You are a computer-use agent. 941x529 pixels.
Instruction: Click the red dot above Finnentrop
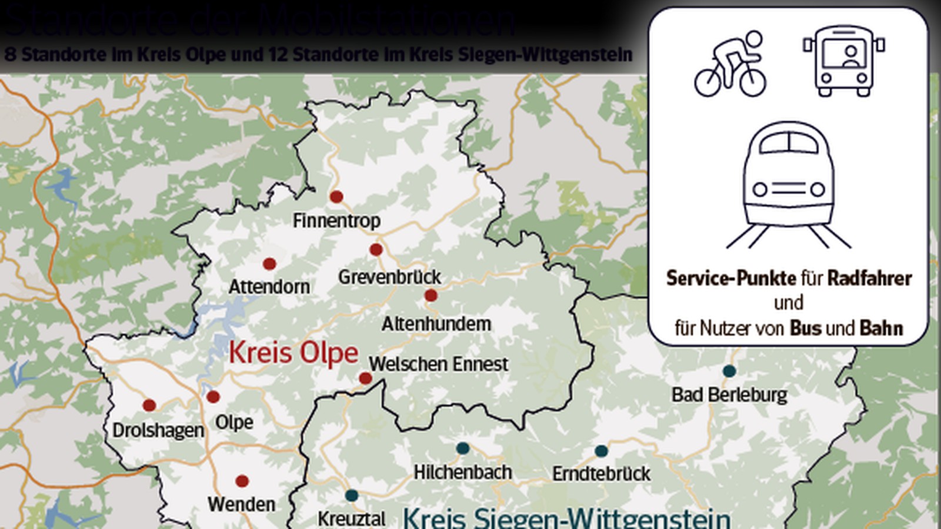[x=336, y=197]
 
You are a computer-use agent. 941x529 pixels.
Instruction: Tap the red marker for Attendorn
[x=269, y=264]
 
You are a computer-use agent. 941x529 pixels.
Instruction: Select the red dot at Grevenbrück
[x=376, y=250]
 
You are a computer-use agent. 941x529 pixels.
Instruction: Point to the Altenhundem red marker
[x=431, y=296]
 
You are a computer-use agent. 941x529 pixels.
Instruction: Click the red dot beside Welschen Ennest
[x=365, y=379]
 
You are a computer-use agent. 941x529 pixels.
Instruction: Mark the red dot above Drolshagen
[x=149, y=405]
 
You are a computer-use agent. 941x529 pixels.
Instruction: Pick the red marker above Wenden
[x=242, y=481]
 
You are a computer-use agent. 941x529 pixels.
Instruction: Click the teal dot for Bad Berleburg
[x=729, y=371]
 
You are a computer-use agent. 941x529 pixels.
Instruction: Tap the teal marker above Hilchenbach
[x=463, y=448]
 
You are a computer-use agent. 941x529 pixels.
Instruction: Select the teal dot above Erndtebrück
[x=601, y=451]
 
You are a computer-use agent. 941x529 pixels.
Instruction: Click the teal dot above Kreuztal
[x=352, y=495]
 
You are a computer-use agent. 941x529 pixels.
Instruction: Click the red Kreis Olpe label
[x=293, y=353]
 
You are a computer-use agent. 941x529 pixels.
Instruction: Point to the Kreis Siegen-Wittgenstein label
[x=566, y=518]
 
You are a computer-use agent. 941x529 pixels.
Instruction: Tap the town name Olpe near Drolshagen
[x=234, y=422]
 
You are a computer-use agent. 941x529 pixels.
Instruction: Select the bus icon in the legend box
[x=843, y=61]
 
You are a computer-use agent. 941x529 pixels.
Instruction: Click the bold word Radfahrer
[x=869, y=278]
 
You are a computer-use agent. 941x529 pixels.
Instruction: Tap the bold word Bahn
[x=881, y=328]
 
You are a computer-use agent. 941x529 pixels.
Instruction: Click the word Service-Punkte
[x=731, y=278]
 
